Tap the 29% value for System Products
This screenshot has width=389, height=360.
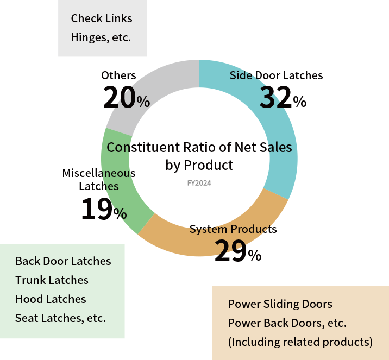click(237, 251)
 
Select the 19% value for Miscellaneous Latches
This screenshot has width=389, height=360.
click(103, 210)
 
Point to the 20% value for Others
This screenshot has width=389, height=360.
click(126, 98)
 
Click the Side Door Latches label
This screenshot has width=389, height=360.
click(276, 75)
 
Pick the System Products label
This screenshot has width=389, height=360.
click(233, 229)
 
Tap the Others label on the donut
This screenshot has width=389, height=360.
click(118, 75)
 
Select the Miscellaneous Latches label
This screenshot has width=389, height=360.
click(99, 180)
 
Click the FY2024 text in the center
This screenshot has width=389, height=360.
click(199, 184)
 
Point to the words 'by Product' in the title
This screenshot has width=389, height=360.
click(199, 165)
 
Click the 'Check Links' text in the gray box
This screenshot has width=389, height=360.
click(102, 18)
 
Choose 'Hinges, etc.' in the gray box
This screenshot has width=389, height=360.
click(101, 38)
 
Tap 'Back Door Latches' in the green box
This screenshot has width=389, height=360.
click(63, 261)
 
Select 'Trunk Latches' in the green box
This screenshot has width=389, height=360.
click(52, 280)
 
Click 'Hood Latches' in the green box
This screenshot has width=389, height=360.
click(51, 299)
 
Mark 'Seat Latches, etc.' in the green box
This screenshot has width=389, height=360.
click(60, 318)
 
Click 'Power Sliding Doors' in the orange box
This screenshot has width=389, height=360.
click(280, 304)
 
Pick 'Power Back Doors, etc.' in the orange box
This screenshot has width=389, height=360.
click(287, 323)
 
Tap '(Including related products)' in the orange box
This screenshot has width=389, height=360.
click(300, 342)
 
